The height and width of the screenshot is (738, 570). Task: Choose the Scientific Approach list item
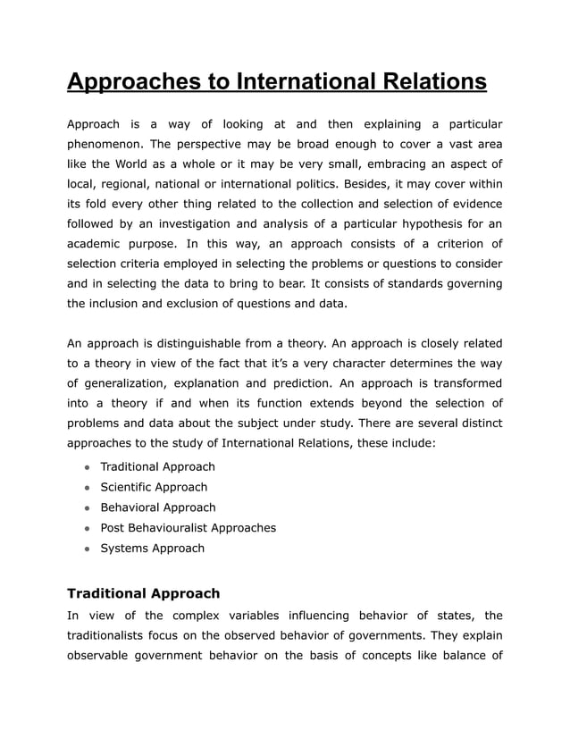(x=154, y=487)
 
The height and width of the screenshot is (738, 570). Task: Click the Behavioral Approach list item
(x=157, y=507)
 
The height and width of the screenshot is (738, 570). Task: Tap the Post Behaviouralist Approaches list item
(x=188, y=528)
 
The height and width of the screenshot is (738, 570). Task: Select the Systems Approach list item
(x=152, y=549)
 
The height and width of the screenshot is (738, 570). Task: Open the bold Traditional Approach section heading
(x=143, y=593)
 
